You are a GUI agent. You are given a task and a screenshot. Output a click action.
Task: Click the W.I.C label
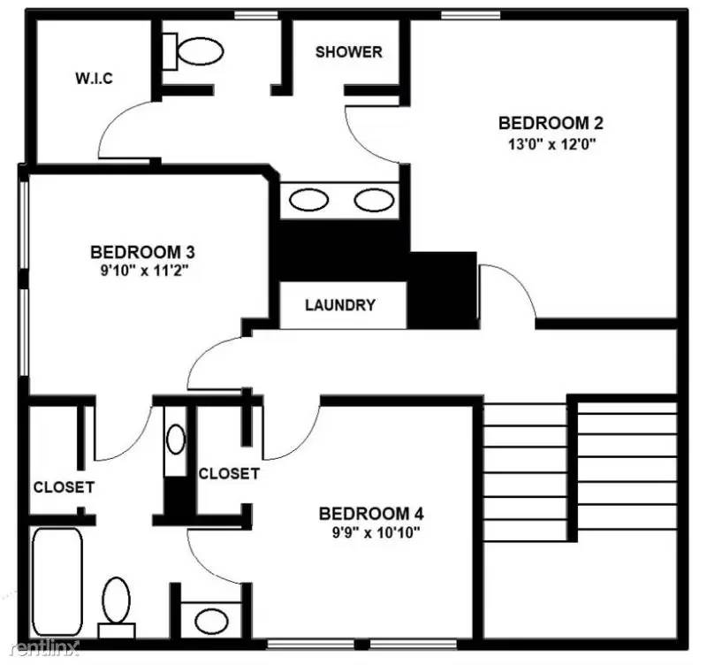(94, 78)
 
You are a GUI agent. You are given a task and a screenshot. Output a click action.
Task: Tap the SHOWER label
(348, 52)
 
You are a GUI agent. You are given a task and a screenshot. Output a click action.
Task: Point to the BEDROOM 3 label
(142, 252)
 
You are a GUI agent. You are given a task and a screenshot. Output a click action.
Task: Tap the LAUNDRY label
(340, 306)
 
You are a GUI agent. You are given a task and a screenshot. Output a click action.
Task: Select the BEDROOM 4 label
(365, 513)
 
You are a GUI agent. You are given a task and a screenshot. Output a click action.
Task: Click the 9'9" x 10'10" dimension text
(369, 532)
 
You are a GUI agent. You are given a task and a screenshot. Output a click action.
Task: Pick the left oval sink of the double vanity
(309, 200)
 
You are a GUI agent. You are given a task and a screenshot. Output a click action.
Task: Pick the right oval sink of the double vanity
(373, 200)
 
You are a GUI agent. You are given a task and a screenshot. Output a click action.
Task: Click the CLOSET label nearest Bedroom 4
(229, 474)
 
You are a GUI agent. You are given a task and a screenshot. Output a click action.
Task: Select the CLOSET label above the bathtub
(64, 487)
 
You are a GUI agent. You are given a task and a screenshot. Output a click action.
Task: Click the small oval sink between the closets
(176, 440)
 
